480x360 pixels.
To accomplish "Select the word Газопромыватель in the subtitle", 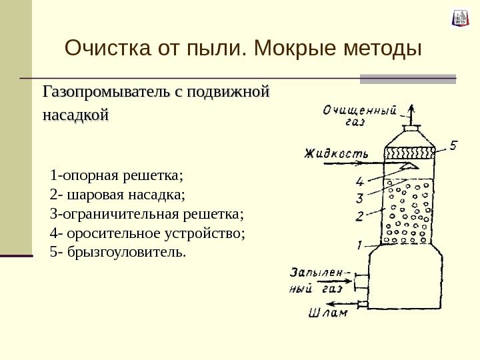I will coord(106,91).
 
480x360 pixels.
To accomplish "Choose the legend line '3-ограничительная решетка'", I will coord(147,215).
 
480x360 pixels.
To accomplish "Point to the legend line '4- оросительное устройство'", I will coord(147,233).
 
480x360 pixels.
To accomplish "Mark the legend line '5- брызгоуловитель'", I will coord(119,253).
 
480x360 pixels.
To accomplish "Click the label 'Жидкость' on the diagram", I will coord(336,153).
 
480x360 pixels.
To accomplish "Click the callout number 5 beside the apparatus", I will coord(453,144).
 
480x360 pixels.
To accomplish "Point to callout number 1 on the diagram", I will coord(359,245).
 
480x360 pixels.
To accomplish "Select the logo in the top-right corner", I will coord(461,18).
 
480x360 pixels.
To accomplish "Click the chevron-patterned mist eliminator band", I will coord(410,152).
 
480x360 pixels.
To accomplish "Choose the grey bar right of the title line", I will coord(408,79).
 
